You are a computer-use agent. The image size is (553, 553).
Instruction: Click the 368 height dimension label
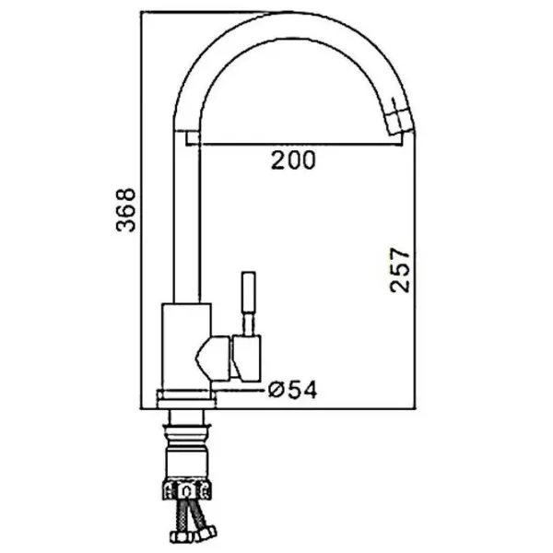(125, 210)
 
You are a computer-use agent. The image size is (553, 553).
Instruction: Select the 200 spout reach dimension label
(293, 160)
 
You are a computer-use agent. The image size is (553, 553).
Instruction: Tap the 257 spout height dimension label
(400, 270)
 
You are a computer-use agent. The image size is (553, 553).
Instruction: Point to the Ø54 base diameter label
(293, 390)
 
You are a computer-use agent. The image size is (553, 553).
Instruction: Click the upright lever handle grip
(248, 291)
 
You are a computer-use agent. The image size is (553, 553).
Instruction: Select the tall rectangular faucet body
(186, 347)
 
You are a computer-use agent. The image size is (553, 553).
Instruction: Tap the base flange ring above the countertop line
(186, 399)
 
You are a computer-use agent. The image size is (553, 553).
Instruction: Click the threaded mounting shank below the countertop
(186, 448)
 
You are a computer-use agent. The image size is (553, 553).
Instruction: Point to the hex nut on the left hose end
(182, 537)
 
